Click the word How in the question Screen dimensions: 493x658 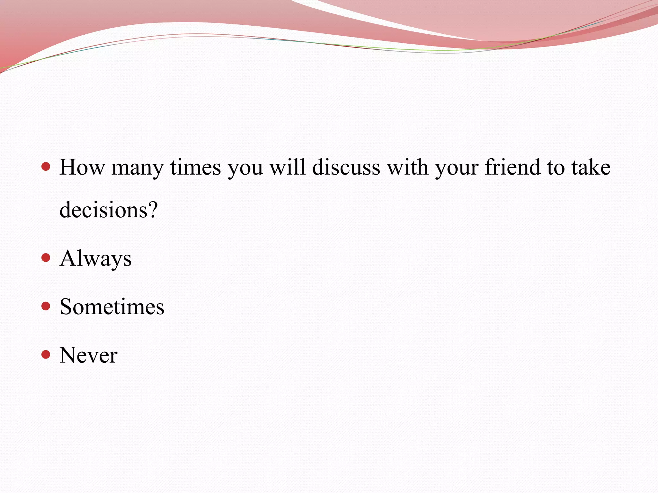[82, 167]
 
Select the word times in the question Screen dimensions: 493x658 [195, 167]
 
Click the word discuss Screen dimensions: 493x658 [346, 167]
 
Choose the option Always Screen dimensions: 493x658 [96, 259]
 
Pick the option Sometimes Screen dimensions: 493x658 [112, 307]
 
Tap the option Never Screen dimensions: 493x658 [88, 355]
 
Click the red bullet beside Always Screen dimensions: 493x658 [46, 258]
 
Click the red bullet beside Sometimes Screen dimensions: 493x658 [46, 306]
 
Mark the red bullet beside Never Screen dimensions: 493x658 [46, 355]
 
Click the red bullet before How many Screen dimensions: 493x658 [46, 167]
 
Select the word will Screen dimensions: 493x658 [287, 167]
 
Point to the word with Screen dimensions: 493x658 [407, 167]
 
